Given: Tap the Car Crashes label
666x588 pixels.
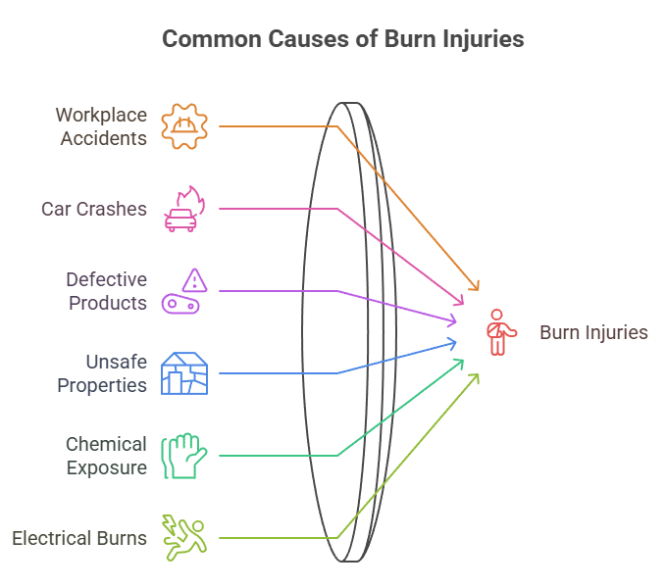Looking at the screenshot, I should click(x=94, y=209).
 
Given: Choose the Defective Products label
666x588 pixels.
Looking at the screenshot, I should click(x=107, y=291).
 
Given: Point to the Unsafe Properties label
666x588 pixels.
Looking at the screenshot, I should click(x=102, y=373).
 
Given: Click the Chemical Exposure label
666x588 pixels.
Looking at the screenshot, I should click(x=106, y=456).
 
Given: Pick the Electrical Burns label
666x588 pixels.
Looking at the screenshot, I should click(x=79, y=538).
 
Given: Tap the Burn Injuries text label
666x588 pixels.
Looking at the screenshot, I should click(x=593, y=332).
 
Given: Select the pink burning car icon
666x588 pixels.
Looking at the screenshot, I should click(x=184, y=209).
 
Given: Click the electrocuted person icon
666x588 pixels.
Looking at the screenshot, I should click(x=184, y=537).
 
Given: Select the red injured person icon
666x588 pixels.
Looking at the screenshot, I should click(x=499, y=332).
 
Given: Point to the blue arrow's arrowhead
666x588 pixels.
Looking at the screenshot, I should click(x=454, y=342).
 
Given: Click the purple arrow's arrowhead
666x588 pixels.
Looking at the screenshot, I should click(x=454, y=320).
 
